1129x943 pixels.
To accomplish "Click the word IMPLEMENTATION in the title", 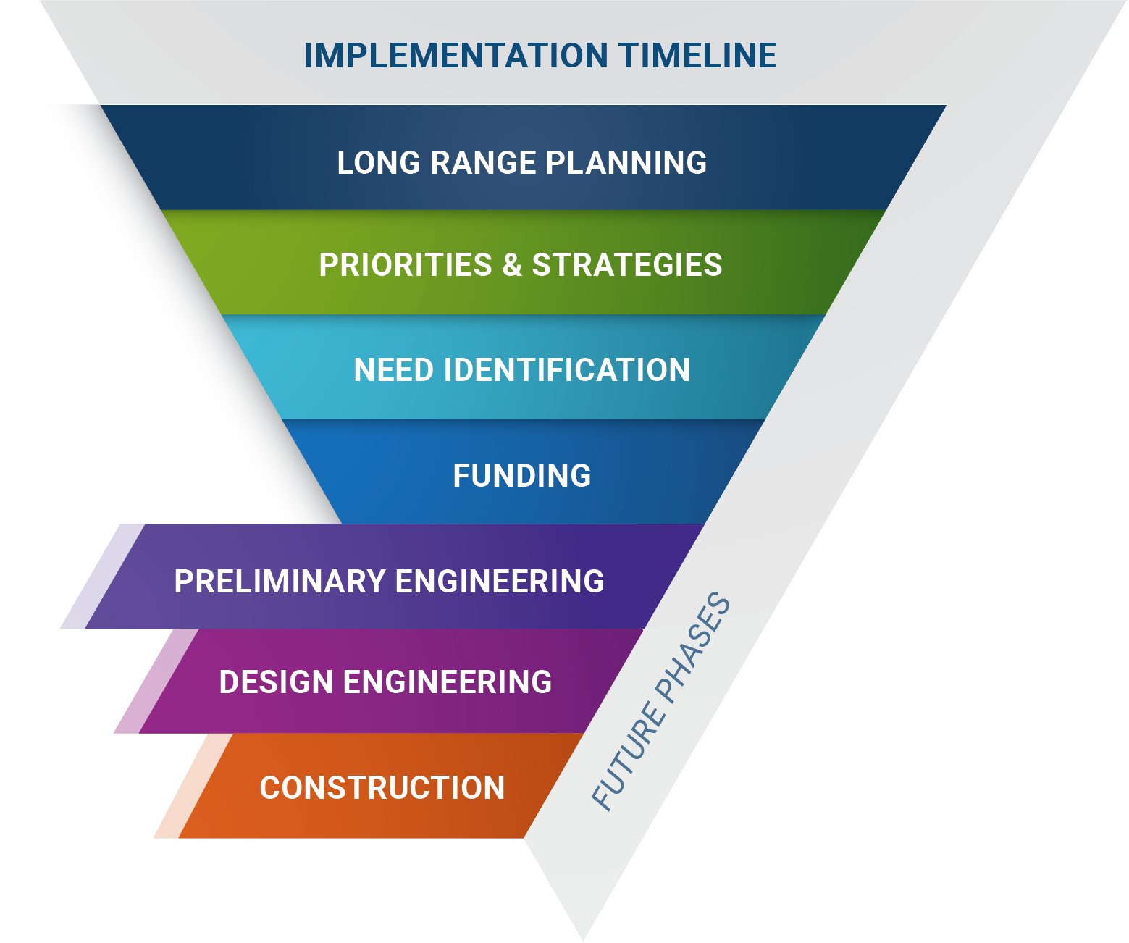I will click(x=456, y=56).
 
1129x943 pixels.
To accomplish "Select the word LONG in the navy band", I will click(x=379, y=163).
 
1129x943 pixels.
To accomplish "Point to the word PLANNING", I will click(x=626, y=163).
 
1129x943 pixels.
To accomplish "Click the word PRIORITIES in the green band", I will click(x=406, y=265).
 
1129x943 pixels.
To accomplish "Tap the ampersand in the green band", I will click(x=512, y=265).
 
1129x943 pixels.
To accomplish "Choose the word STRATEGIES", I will click(x=627, y=265).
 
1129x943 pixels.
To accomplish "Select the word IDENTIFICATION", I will click(x=567, y=370).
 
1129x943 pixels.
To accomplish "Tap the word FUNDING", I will click(x=522, y=476).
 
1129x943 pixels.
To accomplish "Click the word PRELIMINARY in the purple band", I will click(x=280, y=582).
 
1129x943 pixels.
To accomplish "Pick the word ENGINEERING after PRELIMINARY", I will click(x=500, y=582).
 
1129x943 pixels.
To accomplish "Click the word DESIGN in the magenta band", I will click(x=276, y=682).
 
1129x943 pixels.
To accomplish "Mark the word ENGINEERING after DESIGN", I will click(x=448, y=682).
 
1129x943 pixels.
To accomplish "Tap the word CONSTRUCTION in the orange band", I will click(x=382, y=788).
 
